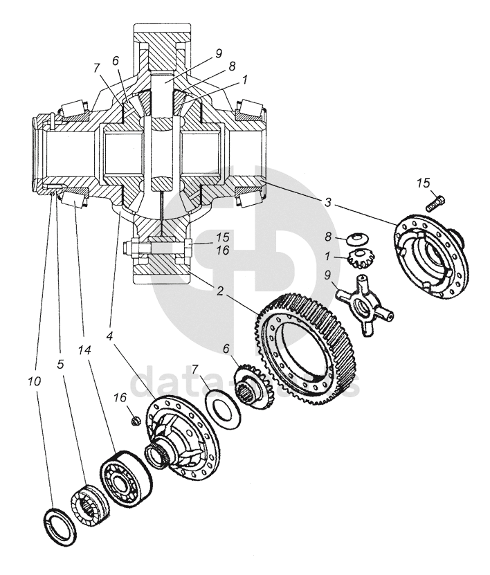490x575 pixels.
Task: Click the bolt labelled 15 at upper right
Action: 435,201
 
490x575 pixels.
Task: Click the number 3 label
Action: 327,203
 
